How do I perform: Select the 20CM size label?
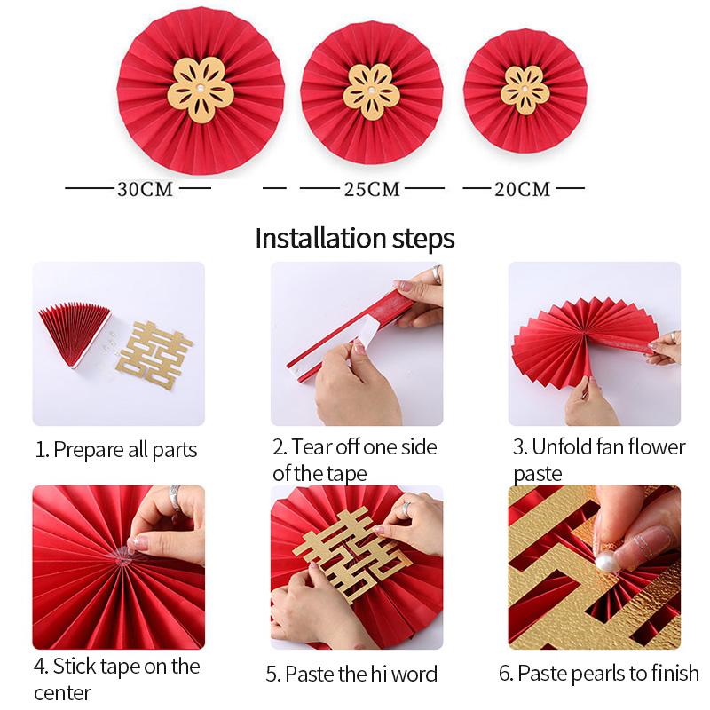pos(523,189)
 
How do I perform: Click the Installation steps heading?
pos(355,238)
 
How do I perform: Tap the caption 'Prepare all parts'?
pos(116,449)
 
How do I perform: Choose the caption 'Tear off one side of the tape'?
pos(354,460)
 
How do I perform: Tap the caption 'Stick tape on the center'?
pos(116,677)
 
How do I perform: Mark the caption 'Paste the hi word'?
pos(351,674)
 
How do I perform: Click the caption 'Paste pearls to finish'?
pos(598,674)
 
